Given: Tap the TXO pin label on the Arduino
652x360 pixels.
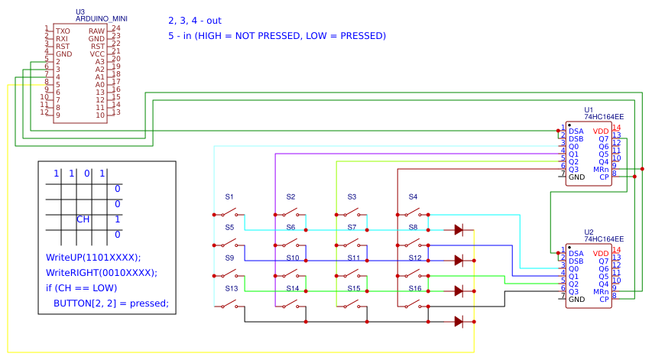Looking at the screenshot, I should [63, 31].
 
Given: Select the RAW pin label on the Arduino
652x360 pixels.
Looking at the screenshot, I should [96, 31].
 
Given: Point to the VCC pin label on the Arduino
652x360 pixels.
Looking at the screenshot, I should [97, 54].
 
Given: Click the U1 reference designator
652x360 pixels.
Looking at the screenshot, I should [588, 110].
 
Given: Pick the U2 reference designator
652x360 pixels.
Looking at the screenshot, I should [588, 232].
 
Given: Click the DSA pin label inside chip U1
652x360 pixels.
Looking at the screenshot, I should [576, 131].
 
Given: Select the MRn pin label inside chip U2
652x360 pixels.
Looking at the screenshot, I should [601, 292].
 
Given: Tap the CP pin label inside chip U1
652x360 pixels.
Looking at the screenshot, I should [604, 177].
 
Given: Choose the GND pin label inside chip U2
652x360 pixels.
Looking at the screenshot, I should [576, 300].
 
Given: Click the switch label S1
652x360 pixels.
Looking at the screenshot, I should [229, 196].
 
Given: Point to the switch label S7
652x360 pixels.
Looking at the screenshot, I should [352, 227].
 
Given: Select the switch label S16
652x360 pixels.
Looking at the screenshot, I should [414, 288].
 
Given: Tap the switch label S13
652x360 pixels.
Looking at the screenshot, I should [231, 288].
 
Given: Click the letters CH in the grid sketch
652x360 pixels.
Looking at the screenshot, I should [83, 219].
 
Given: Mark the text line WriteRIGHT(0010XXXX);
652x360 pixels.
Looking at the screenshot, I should [101, 272].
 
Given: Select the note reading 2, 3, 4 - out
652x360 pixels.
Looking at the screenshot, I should [194, 21].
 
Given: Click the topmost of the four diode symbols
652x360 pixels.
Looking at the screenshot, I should [458, 229].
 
